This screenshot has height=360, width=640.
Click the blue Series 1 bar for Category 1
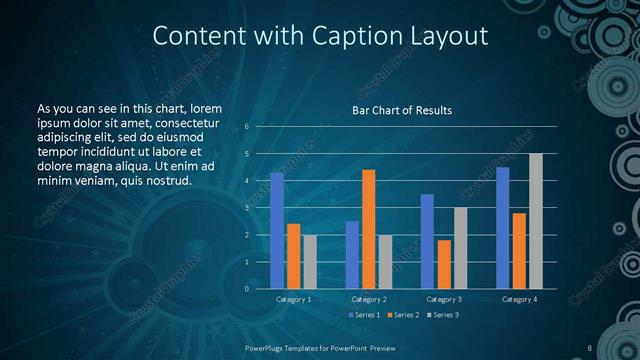tap(277, 231)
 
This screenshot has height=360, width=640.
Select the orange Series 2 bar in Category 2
tap(368, 229)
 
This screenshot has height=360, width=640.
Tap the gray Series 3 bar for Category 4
tap(535, 221)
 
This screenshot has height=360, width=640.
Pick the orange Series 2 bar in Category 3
tap(444, 264)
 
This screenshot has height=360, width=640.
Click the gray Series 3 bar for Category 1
tap(310, 262)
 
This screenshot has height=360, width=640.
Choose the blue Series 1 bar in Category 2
tap(352, 255)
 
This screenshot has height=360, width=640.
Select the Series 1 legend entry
tap(363, 315)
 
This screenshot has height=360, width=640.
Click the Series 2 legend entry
tap(405, 315)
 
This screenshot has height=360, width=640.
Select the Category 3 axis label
tap(444, 299)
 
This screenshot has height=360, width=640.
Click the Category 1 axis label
tap(293, 299)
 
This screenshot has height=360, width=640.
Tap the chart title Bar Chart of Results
tap(402, 110)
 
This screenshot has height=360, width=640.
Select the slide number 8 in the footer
tap(590, 347)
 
